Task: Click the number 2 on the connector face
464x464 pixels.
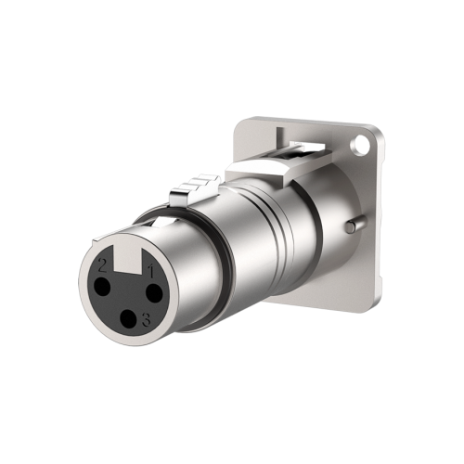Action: click(102, 264)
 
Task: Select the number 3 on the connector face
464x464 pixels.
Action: click(147, 321)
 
